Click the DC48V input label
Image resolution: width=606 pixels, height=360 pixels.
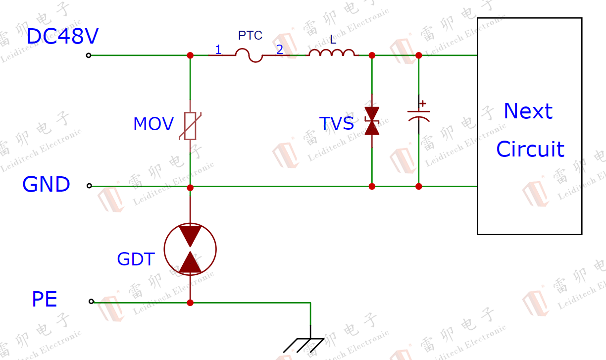(62, 37)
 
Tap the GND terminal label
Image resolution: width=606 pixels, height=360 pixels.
(47, 185)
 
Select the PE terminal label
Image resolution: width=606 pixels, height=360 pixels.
(45, 300)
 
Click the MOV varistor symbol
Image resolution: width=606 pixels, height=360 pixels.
(190, 126)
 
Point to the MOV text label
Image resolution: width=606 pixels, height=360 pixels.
(153, 124)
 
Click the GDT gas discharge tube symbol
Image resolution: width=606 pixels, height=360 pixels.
(190, 249)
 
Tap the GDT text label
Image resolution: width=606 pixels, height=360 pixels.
(136, 259)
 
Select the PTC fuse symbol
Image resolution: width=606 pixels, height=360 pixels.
(249, 55)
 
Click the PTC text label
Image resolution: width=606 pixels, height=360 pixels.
(250, 36)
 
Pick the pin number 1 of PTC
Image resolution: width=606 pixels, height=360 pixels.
(218, 50)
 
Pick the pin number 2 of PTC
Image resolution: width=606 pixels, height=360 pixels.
(280, 50)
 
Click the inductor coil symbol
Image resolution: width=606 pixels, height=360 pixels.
(332, 53)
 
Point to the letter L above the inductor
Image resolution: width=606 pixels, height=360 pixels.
(333, 40)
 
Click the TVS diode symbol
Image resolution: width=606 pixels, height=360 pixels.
(372, 121)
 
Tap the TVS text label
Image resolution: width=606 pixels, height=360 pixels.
(337, 123)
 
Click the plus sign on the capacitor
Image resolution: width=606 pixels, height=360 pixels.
(423, 104)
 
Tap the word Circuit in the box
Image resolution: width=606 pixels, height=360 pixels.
(530, 149)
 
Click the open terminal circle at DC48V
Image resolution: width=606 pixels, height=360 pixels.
(89, 55)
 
